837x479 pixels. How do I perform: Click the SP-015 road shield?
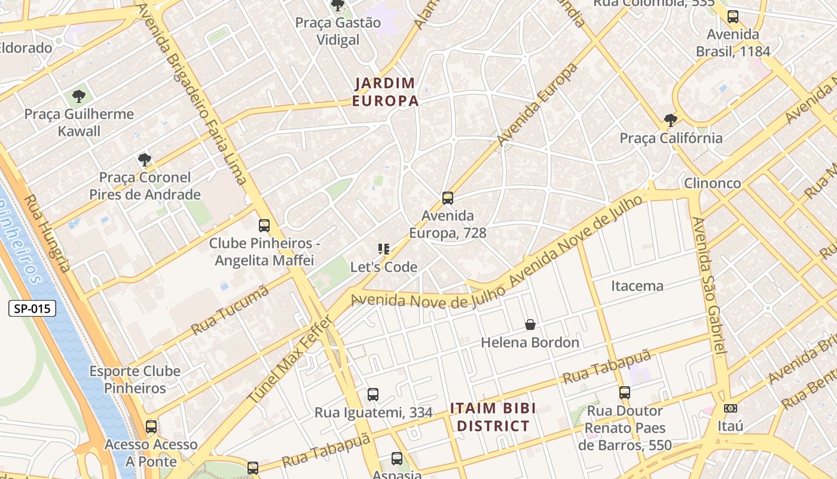point(33,309)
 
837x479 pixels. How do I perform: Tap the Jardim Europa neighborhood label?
point(385,92)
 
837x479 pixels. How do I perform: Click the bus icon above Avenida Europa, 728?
point(447,198)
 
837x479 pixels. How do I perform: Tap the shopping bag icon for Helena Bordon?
point(530,325)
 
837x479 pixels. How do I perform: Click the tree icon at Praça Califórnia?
point(670,120)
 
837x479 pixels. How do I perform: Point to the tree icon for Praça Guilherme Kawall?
point(78,96)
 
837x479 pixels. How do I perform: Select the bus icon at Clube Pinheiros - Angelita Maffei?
point(264,226)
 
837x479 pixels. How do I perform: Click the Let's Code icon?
point(383,249)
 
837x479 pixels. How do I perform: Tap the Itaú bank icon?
point(730,408)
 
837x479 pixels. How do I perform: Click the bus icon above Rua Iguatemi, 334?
point(373,395)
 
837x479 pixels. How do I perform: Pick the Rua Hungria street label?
point(48,234)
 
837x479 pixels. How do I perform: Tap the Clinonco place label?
point(712,183)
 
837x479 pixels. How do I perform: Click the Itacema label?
point(637,286)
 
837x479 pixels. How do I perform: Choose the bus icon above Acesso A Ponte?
point(151,427)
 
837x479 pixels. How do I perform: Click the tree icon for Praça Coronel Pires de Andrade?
point(144,160)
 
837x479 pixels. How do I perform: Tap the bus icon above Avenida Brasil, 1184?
point(733,17)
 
